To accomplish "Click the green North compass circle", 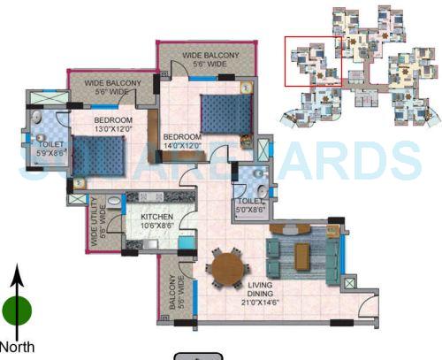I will pyautogui.click(x=17, y=310).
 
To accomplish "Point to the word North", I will pyautogui.click(x=17, y=346).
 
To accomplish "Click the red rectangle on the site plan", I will pyautogui.click(x=312, y=61).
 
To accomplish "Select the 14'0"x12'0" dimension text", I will pyautogui.click(x=182, y=147).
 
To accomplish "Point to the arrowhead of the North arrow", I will pyautogui.click(x=17, y=272).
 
